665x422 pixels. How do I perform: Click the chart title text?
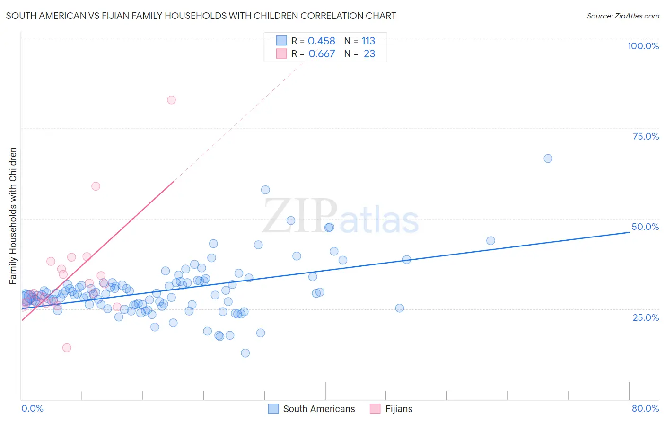[x=201, y=16]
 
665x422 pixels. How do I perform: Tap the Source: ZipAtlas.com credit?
[x=622, y=16]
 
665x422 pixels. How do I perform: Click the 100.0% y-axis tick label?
[x=643, y=46]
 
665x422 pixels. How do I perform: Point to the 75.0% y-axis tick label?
[x=646, y=136]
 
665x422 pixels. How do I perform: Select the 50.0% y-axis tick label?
[x=645, y=227]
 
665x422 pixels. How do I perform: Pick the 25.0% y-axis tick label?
[x=646, y=317]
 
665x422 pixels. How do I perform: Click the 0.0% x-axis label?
[x=32, y=408]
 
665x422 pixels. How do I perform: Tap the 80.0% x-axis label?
[x=645, y=408]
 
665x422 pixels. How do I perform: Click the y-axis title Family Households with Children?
[x=13, y=216]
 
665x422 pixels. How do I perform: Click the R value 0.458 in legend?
[x=322, y=41]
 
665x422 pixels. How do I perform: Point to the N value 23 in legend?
[x=369, y=54]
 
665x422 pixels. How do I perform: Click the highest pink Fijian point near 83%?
[x=171, y=100]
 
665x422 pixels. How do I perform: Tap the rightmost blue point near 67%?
[x=548, y=158]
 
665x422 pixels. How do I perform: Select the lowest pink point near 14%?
[x=67, y=348]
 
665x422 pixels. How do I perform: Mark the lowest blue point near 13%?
[x=245, y=353]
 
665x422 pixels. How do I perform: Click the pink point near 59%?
[x=96, y=186]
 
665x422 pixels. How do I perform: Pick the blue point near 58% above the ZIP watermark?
[x=265, y=190]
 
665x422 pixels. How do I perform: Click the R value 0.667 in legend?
[x=322, y=54]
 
